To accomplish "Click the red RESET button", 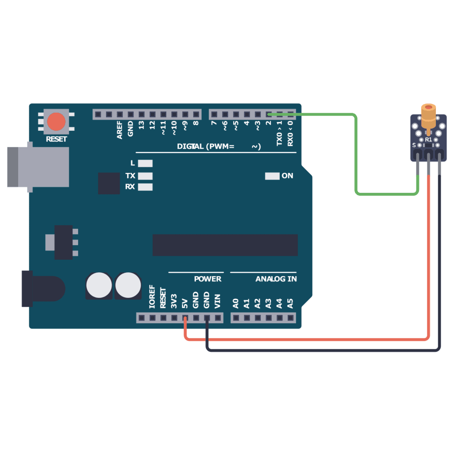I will click(56, 121).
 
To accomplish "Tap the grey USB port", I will click(38, 167).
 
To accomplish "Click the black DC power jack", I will click(42, 288).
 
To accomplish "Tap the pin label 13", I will click(141, 125).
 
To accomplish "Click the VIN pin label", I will click(217, 301).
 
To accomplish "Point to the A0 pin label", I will click(236, 303).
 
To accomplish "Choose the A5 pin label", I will click(290, 303).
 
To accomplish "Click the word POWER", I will click(207, 279).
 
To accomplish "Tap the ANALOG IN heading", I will click(276, 279).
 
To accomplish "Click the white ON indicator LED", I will click(272, 176).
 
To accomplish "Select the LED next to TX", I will click(145, 176).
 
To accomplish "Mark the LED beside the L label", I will click(145, 164).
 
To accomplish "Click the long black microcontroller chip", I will click(225, 245).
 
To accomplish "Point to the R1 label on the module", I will click(428, 139).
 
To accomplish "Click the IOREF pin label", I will click(152, 297).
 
